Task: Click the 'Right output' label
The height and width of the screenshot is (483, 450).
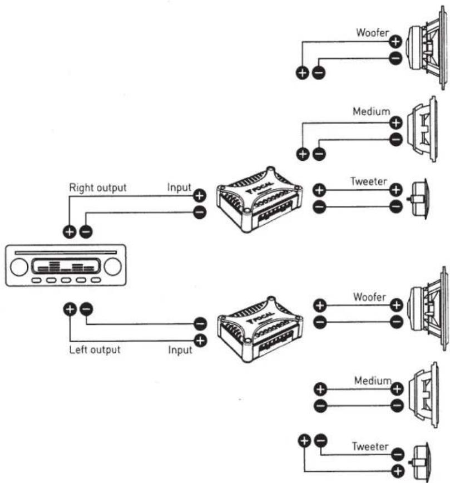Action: pyautogui.click(x=98, y=188)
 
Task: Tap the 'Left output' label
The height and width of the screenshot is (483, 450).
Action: pyautogui.click(x=95, y=349)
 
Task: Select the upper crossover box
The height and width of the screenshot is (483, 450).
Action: pyautogui.click(x=259, y=199)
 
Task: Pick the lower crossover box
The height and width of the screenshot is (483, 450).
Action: pyautogui.click(x=260, y=329)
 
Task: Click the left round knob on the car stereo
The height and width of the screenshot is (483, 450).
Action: pyautogui.click(x=19, y=267)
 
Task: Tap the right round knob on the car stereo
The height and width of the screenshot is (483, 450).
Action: pyautogui.click(x=113, y=267)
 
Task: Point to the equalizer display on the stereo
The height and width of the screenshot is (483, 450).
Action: pyautogui.click(x=66, y=266)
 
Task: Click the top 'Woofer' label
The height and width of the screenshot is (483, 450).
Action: pyautogui.click(x=373, y=32)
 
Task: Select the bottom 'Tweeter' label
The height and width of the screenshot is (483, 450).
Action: pyautogui.click(x=370, y=446)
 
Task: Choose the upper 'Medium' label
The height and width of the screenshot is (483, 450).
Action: pyautogui.click(x=372, y=111)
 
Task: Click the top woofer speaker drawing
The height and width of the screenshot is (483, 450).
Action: pyautogui.click(x=427, y=48)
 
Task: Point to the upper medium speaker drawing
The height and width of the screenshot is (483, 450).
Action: pyautogui.click(x=422, y=129)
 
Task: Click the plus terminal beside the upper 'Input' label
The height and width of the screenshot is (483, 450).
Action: pyautogui.click(x=200, y=195)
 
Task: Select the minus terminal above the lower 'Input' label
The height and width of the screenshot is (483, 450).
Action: pyautogui.click(x=200, y=324)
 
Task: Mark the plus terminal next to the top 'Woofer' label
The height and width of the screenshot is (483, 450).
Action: pyautogui.click(x=395, y=41)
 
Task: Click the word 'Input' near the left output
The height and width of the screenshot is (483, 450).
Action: pyautogui.click(x=180, y=350)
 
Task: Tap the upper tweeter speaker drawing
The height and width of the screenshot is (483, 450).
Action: pyautogui.click(x=418, y=199)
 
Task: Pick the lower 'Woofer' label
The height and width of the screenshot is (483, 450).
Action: pyautogui.click(x=369, y=297)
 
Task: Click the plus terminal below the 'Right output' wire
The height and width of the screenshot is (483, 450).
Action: pyautogui.click(x=70, y=231)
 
